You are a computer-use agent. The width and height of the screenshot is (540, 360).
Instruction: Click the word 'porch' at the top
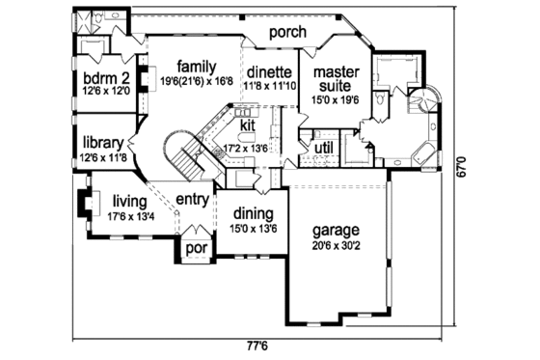287,33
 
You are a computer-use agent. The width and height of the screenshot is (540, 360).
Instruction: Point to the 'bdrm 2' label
100,78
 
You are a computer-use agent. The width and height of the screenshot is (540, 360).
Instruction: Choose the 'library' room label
100,139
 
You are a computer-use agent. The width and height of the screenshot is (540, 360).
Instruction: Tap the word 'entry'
194,200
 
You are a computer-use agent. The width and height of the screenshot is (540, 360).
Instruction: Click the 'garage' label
336,231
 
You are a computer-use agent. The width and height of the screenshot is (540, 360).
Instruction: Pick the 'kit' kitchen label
247,125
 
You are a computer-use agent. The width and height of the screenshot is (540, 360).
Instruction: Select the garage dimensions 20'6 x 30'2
336,246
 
